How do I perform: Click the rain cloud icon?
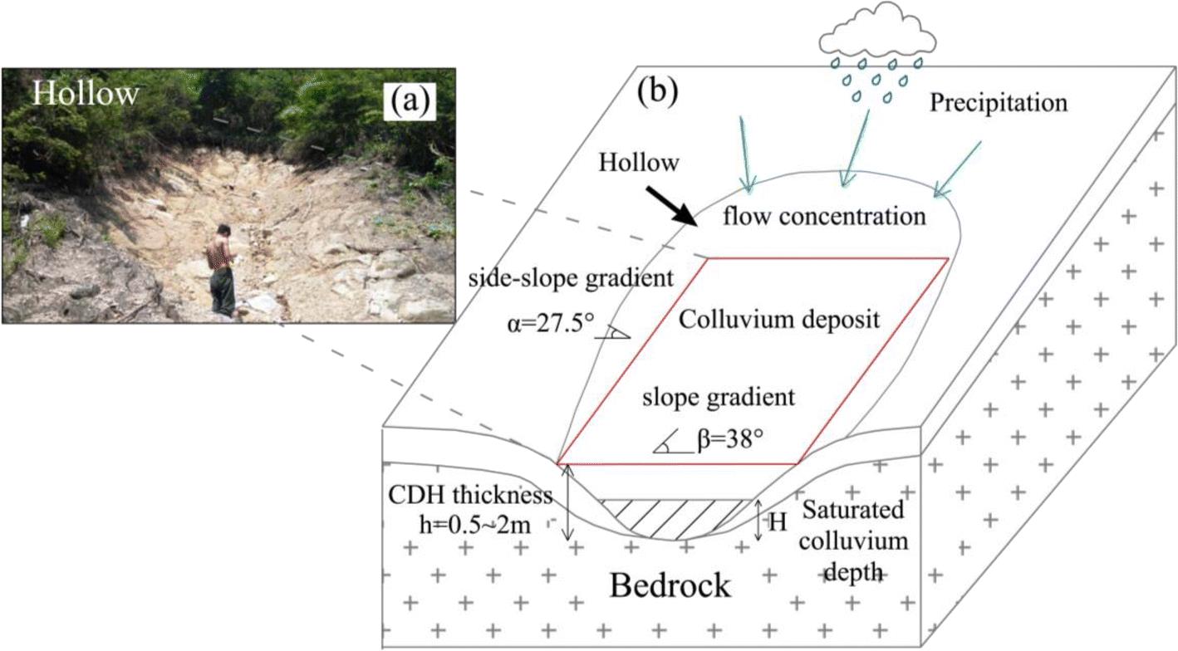(876, 36)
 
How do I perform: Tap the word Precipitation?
(997, 104)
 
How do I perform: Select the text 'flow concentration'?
(823, 218)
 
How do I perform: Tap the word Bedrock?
(670, 585)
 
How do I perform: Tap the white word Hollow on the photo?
(86, 93)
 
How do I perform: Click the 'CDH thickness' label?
(470, 496)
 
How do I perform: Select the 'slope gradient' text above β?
(719, 397)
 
